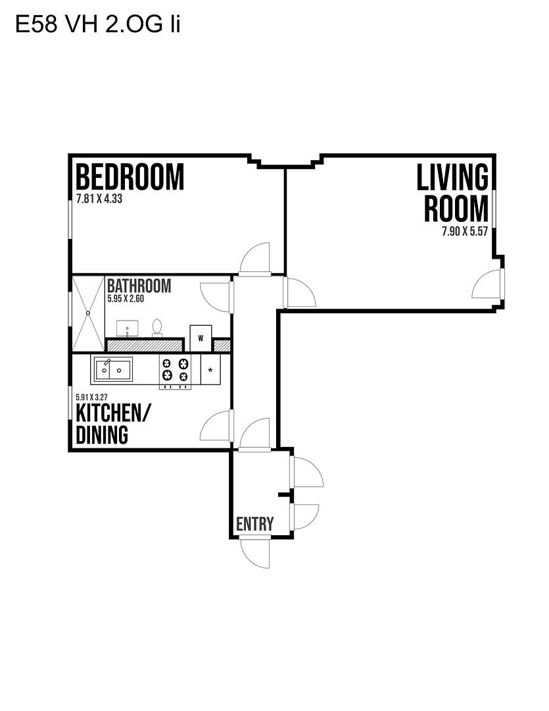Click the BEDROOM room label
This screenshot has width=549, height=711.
point(130,177)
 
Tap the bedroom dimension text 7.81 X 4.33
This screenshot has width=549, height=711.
point(99,199)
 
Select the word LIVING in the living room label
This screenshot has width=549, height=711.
point(452,177)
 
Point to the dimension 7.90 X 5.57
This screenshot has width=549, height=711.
point(465,231)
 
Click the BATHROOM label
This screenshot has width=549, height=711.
point(139,286)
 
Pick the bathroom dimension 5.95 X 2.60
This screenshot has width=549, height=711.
point(126,299)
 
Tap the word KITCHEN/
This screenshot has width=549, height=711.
point(114,413)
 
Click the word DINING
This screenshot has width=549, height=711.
point(102,434)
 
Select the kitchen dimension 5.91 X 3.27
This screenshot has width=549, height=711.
point(91,397)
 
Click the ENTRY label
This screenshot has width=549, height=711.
point(254,524)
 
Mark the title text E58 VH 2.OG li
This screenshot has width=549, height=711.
point(98,24)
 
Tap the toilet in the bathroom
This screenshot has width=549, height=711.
point(157,327)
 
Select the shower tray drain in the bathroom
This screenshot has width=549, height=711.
point(88,313)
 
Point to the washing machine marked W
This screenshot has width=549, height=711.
point(201,338)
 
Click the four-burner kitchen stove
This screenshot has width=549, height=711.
point(175,371)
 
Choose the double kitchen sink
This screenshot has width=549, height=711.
point(113,369)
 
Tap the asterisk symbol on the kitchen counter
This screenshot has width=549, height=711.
point(210,370)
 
